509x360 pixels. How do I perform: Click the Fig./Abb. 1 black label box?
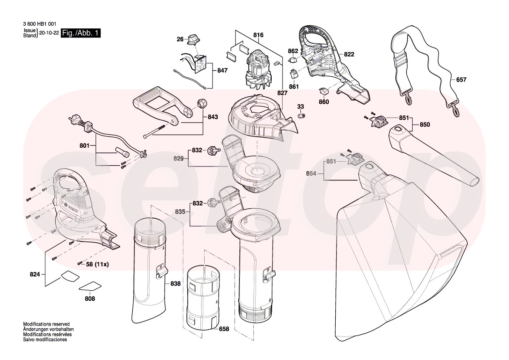pos(81,33)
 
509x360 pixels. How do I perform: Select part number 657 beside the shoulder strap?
pos(461,80)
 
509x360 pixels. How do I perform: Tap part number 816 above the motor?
pos(258,35)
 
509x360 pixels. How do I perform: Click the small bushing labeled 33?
pos(302,115)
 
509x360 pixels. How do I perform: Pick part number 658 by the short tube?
pos(224,329)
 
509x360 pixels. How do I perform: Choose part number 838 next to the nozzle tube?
pos(175,284)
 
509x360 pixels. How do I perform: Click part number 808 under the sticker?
pos(90,299)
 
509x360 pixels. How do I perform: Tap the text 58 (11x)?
pos(97,265)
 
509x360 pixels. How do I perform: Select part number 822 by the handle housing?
pos(349,54)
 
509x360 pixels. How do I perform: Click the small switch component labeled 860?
pos(324,91)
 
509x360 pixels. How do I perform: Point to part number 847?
pos(222,71)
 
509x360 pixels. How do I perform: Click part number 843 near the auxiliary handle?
pos(212,117)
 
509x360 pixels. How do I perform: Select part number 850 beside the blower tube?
pos(425,125)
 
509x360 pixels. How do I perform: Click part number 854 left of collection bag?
pos(311,174)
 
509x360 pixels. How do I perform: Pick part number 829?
pos(178,159)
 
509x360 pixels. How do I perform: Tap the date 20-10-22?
pos(49,33)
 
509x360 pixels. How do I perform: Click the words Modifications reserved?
pos(47,324)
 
